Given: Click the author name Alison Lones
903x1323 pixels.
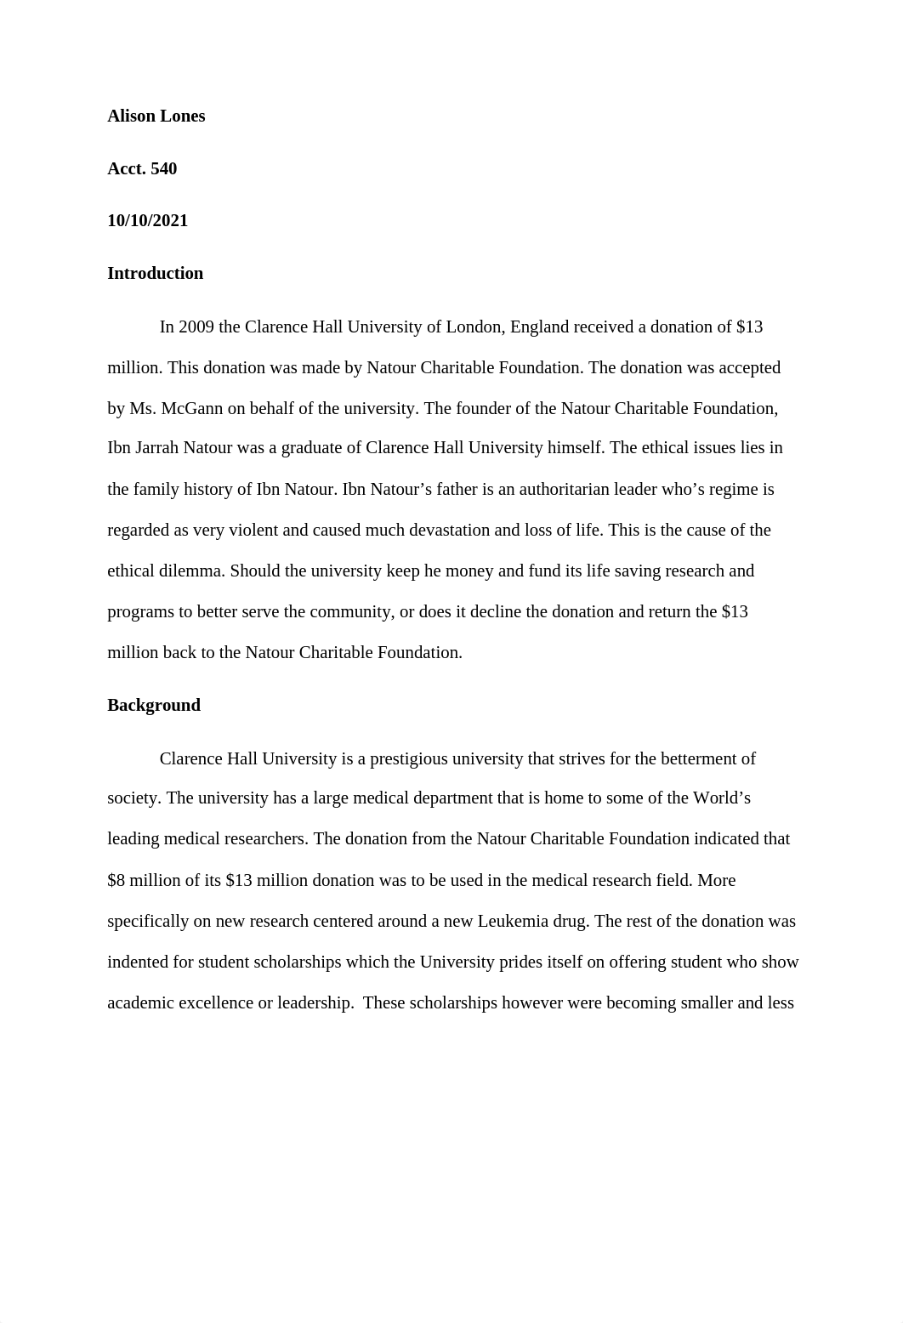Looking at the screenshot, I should point(156,116).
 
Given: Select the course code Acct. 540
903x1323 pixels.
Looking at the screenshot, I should point(142,168).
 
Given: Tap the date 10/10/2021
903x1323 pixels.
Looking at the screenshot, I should point(147,221).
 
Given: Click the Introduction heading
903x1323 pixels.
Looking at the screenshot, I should point(155,274).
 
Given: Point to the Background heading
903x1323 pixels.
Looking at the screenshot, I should point(153,706).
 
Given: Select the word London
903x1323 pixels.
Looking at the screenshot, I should point(475,327).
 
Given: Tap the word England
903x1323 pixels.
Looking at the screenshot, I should point(538,327).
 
